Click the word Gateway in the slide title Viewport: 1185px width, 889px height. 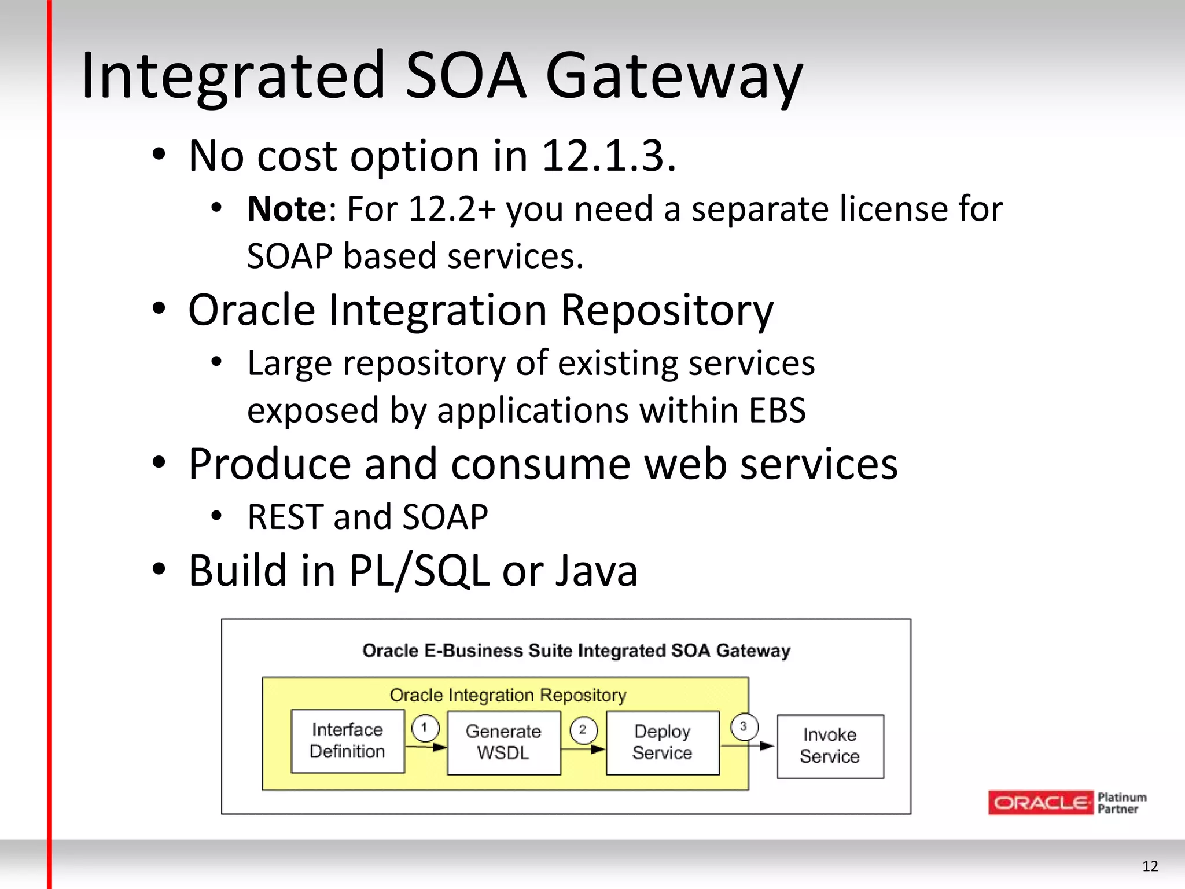(x=674, y=75)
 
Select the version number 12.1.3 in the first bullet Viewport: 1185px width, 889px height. (x=608, y=156)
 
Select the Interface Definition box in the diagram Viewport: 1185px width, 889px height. (x=348, y=741)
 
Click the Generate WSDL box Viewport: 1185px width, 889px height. (x=503, y=743)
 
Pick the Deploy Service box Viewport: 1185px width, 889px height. (x=663, y=743)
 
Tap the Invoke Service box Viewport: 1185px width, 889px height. (x=830, y=746)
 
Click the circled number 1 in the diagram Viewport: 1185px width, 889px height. (x=425, y=728)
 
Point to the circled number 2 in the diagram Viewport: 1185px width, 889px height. (x=583, y=729)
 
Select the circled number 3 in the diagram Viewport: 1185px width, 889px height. (x=744, y=726)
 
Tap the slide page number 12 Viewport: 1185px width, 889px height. (x=1150, y=866)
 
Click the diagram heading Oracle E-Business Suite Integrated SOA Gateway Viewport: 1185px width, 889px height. (x=576, y=651)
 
